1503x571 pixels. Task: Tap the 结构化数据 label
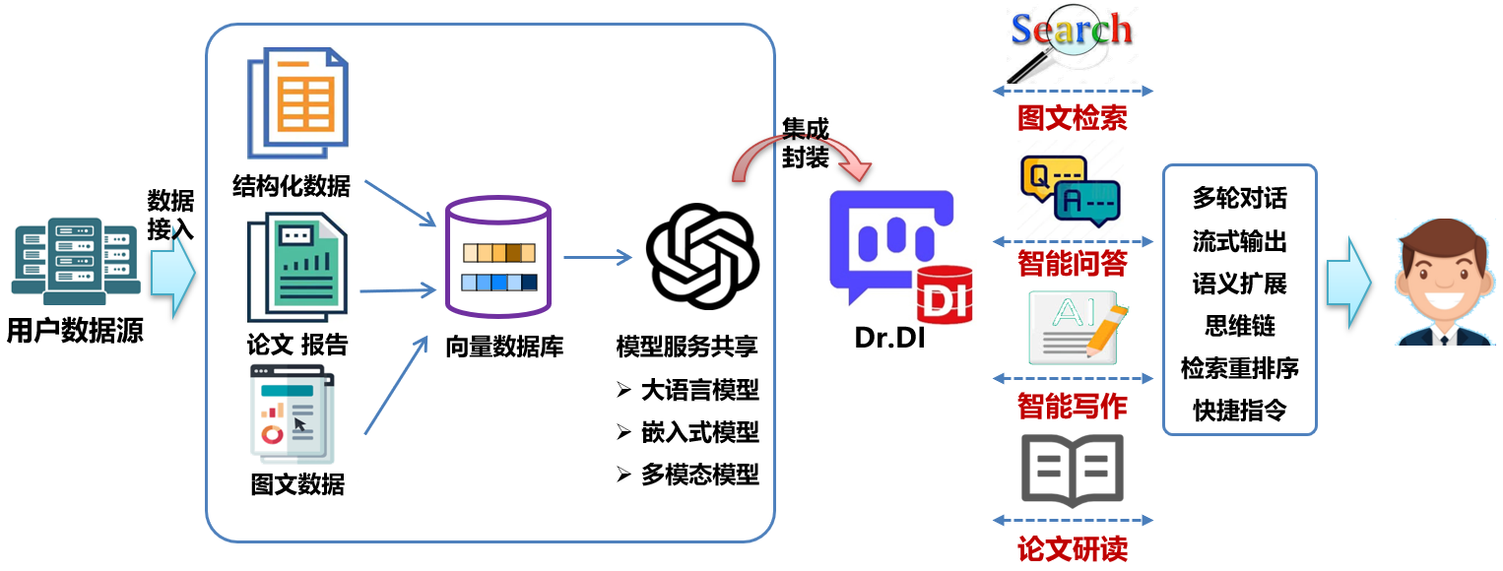tap(291, 186)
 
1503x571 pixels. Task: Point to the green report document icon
tap(297, 271)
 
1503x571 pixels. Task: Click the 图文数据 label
tap(297, 484)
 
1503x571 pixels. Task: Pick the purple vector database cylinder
tap(498, 260)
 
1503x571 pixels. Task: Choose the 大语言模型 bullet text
tap(699, 390)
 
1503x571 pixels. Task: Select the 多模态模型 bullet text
tap(699, 475)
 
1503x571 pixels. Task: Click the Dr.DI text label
tap(889, 340)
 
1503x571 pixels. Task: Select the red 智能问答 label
tap(1072, 264)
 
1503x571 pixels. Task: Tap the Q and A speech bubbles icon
tap(1070, 192)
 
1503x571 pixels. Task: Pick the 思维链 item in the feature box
tap(1239, 326)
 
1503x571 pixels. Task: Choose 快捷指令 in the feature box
tap(1239, 410)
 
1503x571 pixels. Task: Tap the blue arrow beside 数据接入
tap(173, 276)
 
